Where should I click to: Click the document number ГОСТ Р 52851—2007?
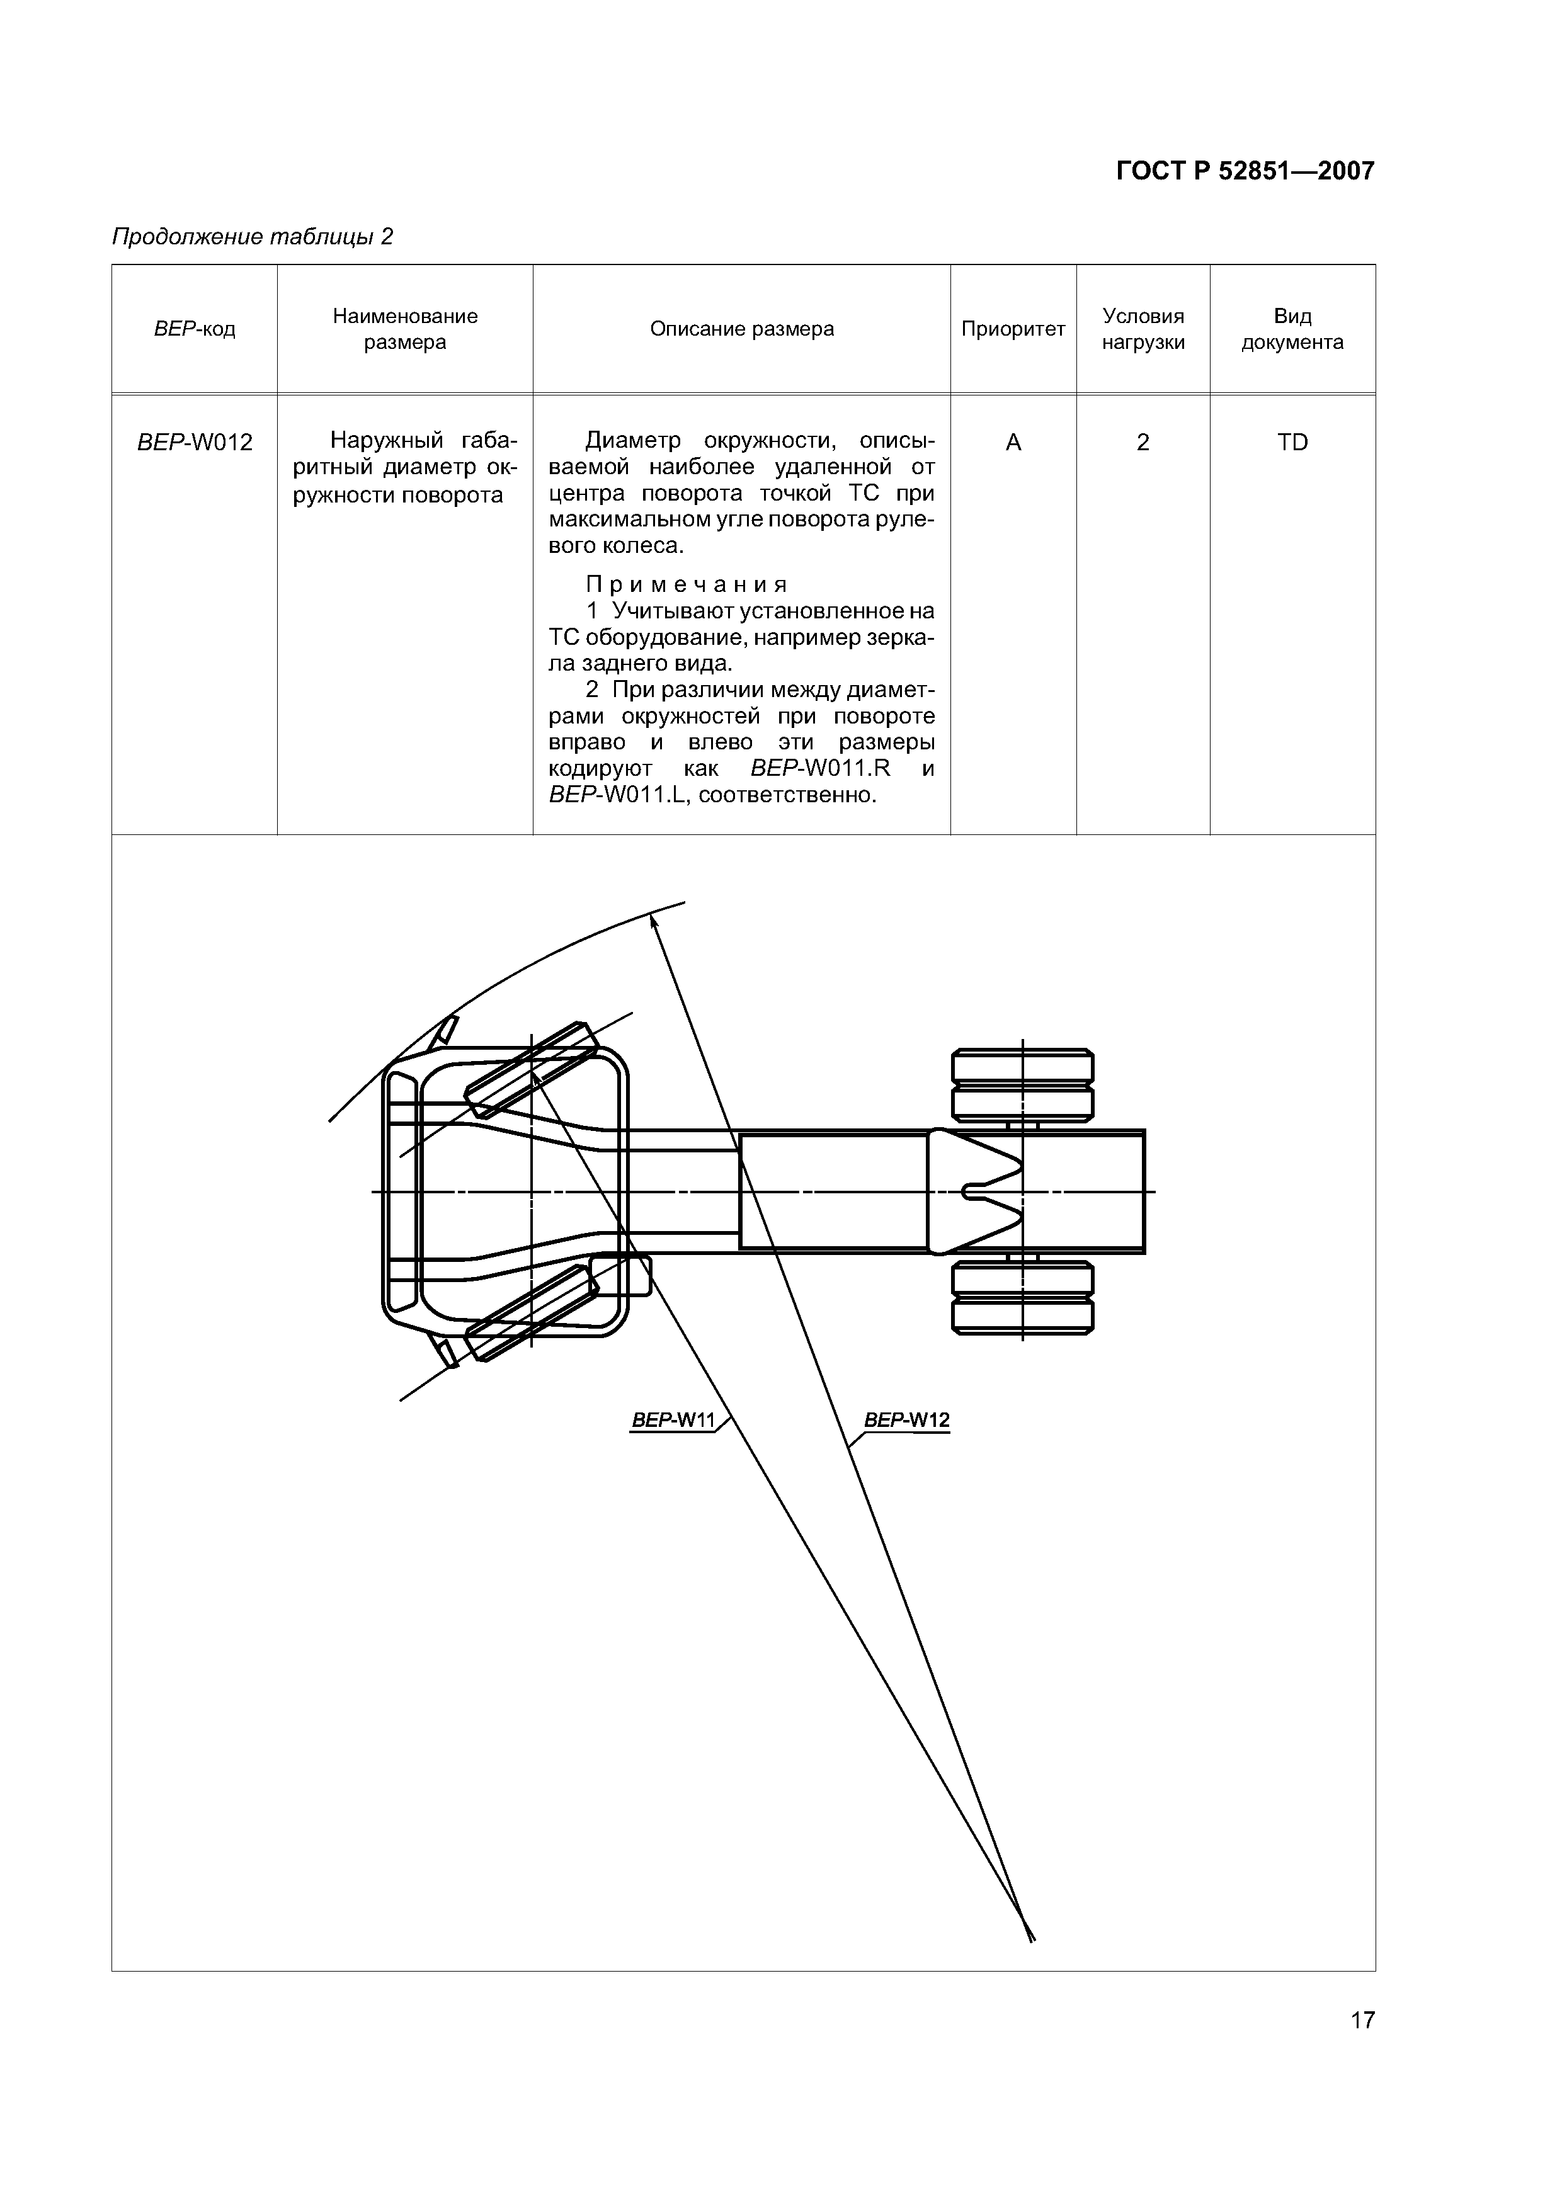pyautogui.click(x=1245, y=171)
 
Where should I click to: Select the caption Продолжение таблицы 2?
pyautogui.click(x=252, y=237)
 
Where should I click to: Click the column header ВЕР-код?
pyautogui.click(x=195, y=329)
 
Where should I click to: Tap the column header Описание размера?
pyautogui.click(x=741, y=329)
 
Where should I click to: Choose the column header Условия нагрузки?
pyautogui.click(x=1143, y=329)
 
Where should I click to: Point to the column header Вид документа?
pyautogui.click(x=1292, y=329)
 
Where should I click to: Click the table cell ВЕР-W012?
pyautogui.click(x=195, y=443)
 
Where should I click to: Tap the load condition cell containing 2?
pyautogui.click(x=1143, y=443)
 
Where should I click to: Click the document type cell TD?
pyautogui.click(x=1292, y=443)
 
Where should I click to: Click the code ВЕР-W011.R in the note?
pyautogui.click(x=820, y=769)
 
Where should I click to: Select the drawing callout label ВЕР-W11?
pyautogui.click(x=675, y=1420)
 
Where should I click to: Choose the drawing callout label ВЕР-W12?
pyautogui.click(x=906, y=1420)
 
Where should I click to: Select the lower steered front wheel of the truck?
pyautogui.click(x=530, y=1314)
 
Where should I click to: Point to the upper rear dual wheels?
pyautogui.click(x=1022, y=1084)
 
